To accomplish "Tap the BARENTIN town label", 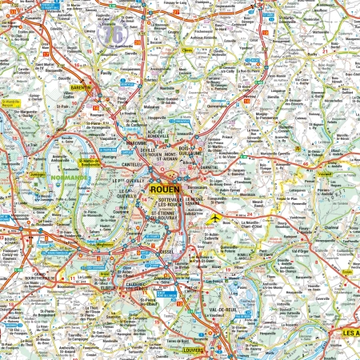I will (x=82, y=87).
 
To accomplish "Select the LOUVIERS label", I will (x=191, y=350).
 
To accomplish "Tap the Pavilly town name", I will (x=106, y=72).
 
